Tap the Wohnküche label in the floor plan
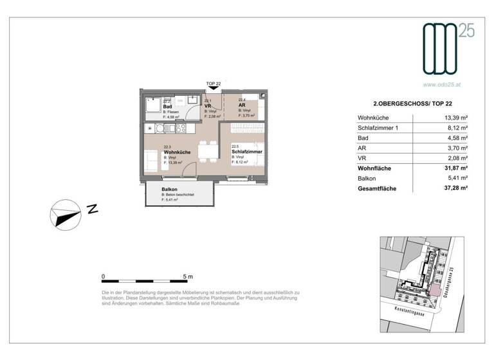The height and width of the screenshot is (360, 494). pos(176,152)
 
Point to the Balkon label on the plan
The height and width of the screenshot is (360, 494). pos(169,190)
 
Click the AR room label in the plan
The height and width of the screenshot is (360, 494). pos(242,106)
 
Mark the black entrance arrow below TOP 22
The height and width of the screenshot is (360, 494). pos(213,91)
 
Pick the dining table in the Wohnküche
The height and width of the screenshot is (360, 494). pos(206,152)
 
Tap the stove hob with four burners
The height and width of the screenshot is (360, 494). pos(160,128)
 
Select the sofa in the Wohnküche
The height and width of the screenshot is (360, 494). pos(149,159)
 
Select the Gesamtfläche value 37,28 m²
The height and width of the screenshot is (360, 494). pos(454,189)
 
